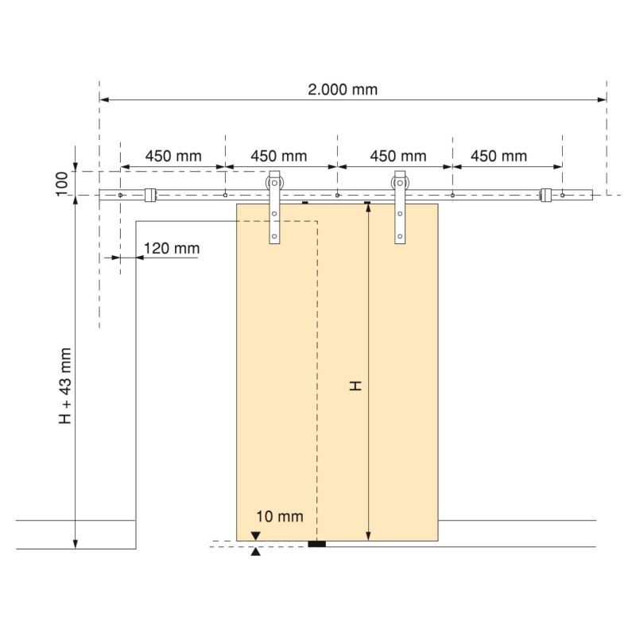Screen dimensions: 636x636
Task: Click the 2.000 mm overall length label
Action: (343, 89)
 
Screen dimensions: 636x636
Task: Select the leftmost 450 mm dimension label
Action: (173, 156)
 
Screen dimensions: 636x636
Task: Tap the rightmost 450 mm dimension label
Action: (498, 156)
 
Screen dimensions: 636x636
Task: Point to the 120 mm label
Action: (172, 249)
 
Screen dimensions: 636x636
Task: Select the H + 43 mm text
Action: (65, 386)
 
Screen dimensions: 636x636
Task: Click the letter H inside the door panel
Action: (356, 386)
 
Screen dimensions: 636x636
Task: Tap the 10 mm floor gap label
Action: (280, 517)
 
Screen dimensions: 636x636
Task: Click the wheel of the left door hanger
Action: (274, 188)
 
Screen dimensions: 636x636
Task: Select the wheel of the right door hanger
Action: (400, 188)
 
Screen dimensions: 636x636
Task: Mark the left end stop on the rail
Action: (149, 194)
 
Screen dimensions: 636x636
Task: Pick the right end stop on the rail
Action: (545, 194)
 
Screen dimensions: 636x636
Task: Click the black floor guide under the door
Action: (318, 545)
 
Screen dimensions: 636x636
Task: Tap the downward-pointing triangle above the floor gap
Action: (255, 537)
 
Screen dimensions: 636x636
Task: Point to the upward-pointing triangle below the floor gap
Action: (255, 552)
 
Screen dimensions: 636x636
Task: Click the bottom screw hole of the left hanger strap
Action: (275, 236)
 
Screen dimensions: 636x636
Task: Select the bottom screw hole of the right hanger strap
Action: (400, 236)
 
